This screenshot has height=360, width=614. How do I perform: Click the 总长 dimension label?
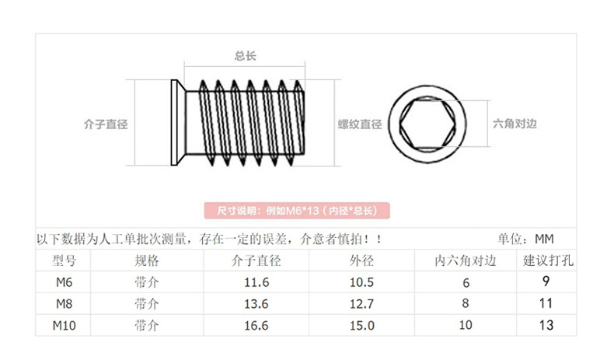246,56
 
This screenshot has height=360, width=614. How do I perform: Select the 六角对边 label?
515,124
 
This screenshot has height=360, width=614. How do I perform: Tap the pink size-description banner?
296,211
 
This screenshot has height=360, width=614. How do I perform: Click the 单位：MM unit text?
525,239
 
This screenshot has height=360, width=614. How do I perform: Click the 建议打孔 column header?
547,260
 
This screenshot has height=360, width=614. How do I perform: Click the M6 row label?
64,281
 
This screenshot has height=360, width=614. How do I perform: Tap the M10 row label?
64,324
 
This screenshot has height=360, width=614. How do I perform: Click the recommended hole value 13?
546,325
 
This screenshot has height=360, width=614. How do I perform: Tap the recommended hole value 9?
546,281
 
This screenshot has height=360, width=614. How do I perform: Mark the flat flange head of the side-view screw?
176,123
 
